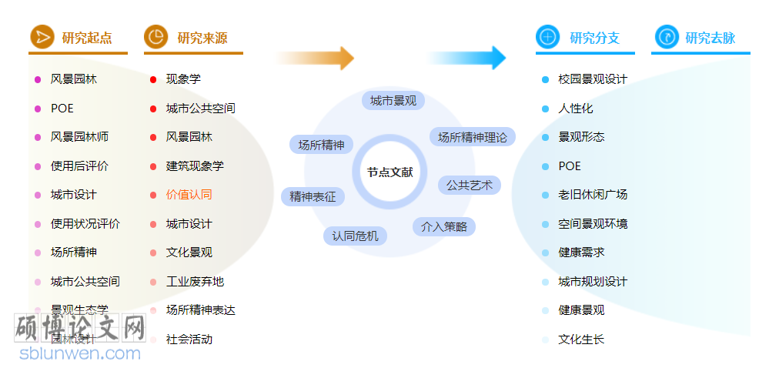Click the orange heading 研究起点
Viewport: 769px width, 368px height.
pyautogui.click(x=86, y=38)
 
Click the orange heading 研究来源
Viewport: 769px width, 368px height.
pyautogui.click(x=202, y=38)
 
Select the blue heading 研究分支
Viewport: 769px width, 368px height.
pyautogui.click(x=594, y=38)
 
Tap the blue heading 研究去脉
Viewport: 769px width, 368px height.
pyautogui.click(x=710, y=38)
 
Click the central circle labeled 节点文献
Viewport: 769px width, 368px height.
pyautogui.click(x=390, y=172)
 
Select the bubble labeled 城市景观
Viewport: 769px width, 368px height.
pyautogui.click(x=393, y=101)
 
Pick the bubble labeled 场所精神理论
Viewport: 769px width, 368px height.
pyautogui.click(x=473, y=138)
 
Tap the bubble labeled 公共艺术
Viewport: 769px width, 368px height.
pyautogui.click(x=470, y=186)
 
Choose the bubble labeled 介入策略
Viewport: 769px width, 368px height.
pyautogui.click(x=443, y=226)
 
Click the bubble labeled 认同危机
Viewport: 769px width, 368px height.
pyautogui.click(x=355, y=236)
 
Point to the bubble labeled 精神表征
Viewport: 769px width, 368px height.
pyautogui.click(x=313, y=197)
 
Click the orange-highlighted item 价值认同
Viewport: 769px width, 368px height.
pyautogui.click(x=189, y=195)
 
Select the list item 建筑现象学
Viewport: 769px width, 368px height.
pyautogui.click(x=195, y=166)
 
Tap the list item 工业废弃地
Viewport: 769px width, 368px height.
pyautogui.click(x=195, y=282)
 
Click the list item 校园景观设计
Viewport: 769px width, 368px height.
pyautogui.click(x=593, y=79)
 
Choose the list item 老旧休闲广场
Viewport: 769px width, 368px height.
pyautogui.click(x=593, y=195)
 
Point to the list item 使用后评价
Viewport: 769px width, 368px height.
pyautogui.click(x=79, y=166)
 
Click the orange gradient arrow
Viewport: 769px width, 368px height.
pyautogui.click(x=316, y=58)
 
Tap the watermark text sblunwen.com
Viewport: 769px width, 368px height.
pyautogui.click(x=80, y=354)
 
